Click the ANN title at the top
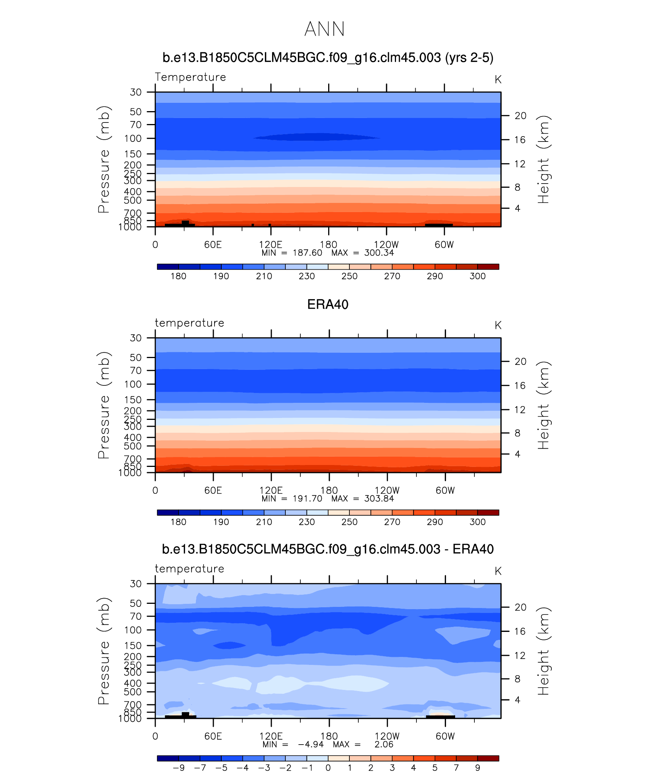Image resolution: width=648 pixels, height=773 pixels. tap(324, 29)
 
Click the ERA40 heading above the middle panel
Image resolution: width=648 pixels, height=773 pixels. tap(327, 305)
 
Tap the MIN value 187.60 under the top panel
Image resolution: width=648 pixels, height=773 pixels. tap(307, 253)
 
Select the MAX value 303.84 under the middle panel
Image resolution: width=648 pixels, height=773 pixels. tap(379, 499)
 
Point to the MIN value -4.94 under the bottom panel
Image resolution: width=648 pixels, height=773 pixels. tap(311, 744)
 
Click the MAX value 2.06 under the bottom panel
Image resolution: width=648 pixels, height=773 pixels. tap(384, 744)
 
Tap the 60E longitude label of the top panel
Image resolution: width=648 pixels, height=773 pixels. tap(213, 245)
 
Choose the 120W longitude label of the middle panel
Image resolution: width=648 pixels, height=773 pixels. tap(387, 490)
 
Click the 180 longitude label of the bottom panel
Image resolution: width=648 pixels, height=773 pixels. tap(329, 736)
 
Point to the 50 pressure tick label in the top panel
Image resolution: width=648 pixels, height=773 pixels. tap(136, 112)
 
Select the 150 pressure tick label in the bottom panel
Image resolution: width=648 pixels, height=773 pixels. tap(133, 646)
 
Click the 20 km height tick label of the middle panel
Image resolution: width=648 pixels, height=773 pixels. tap(520, 361)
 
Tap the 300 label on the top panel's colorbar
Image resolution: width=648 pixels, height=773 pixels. tap(477, 276)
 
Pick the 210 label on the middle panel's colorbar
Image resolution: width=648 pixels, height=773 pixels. tap(264, 522)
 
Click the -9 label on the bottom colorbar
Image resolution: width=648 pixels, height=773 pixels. tap(178, 768)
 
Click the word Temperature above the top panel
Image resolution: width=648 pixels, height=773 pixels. tap(190, 77)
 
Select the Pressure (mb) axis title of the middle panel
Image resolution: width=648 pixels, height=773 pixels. tap(103, 405)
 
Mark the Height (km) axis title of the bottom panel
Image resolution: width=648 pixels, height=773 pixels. tap(543, 651)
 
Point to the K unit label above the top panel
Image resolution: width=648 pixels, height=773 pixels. tap(498, 80)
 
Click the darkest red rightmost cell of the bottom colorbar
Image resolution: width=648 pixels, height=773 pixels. tap(488, 758)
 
